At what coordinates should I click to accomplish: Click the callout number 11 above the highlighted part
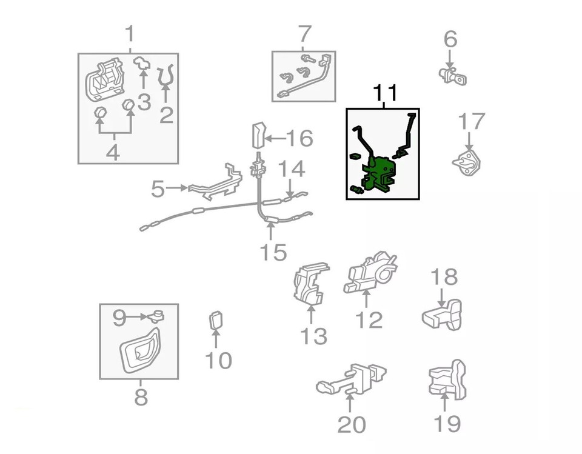pyautogui.click(x=385, y=93)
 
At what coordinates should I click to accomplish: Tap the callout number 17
pyautogui.click(x=472, y=122)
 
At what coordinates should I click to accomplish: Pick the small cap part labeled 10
pyautogui.click(x=216, y=321)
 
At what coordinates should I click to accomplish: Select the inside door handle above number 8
pyautogui.click(x=139, y=350)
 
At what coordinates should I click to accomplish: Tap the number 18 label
pyautogui.click(x=444, y=278)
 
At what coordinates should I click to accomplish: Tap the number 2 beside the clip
pyautogui.click(x=166, y=113)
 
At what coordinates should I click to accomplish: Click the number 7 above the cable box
pyautogui.click(x=304, y=35)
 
